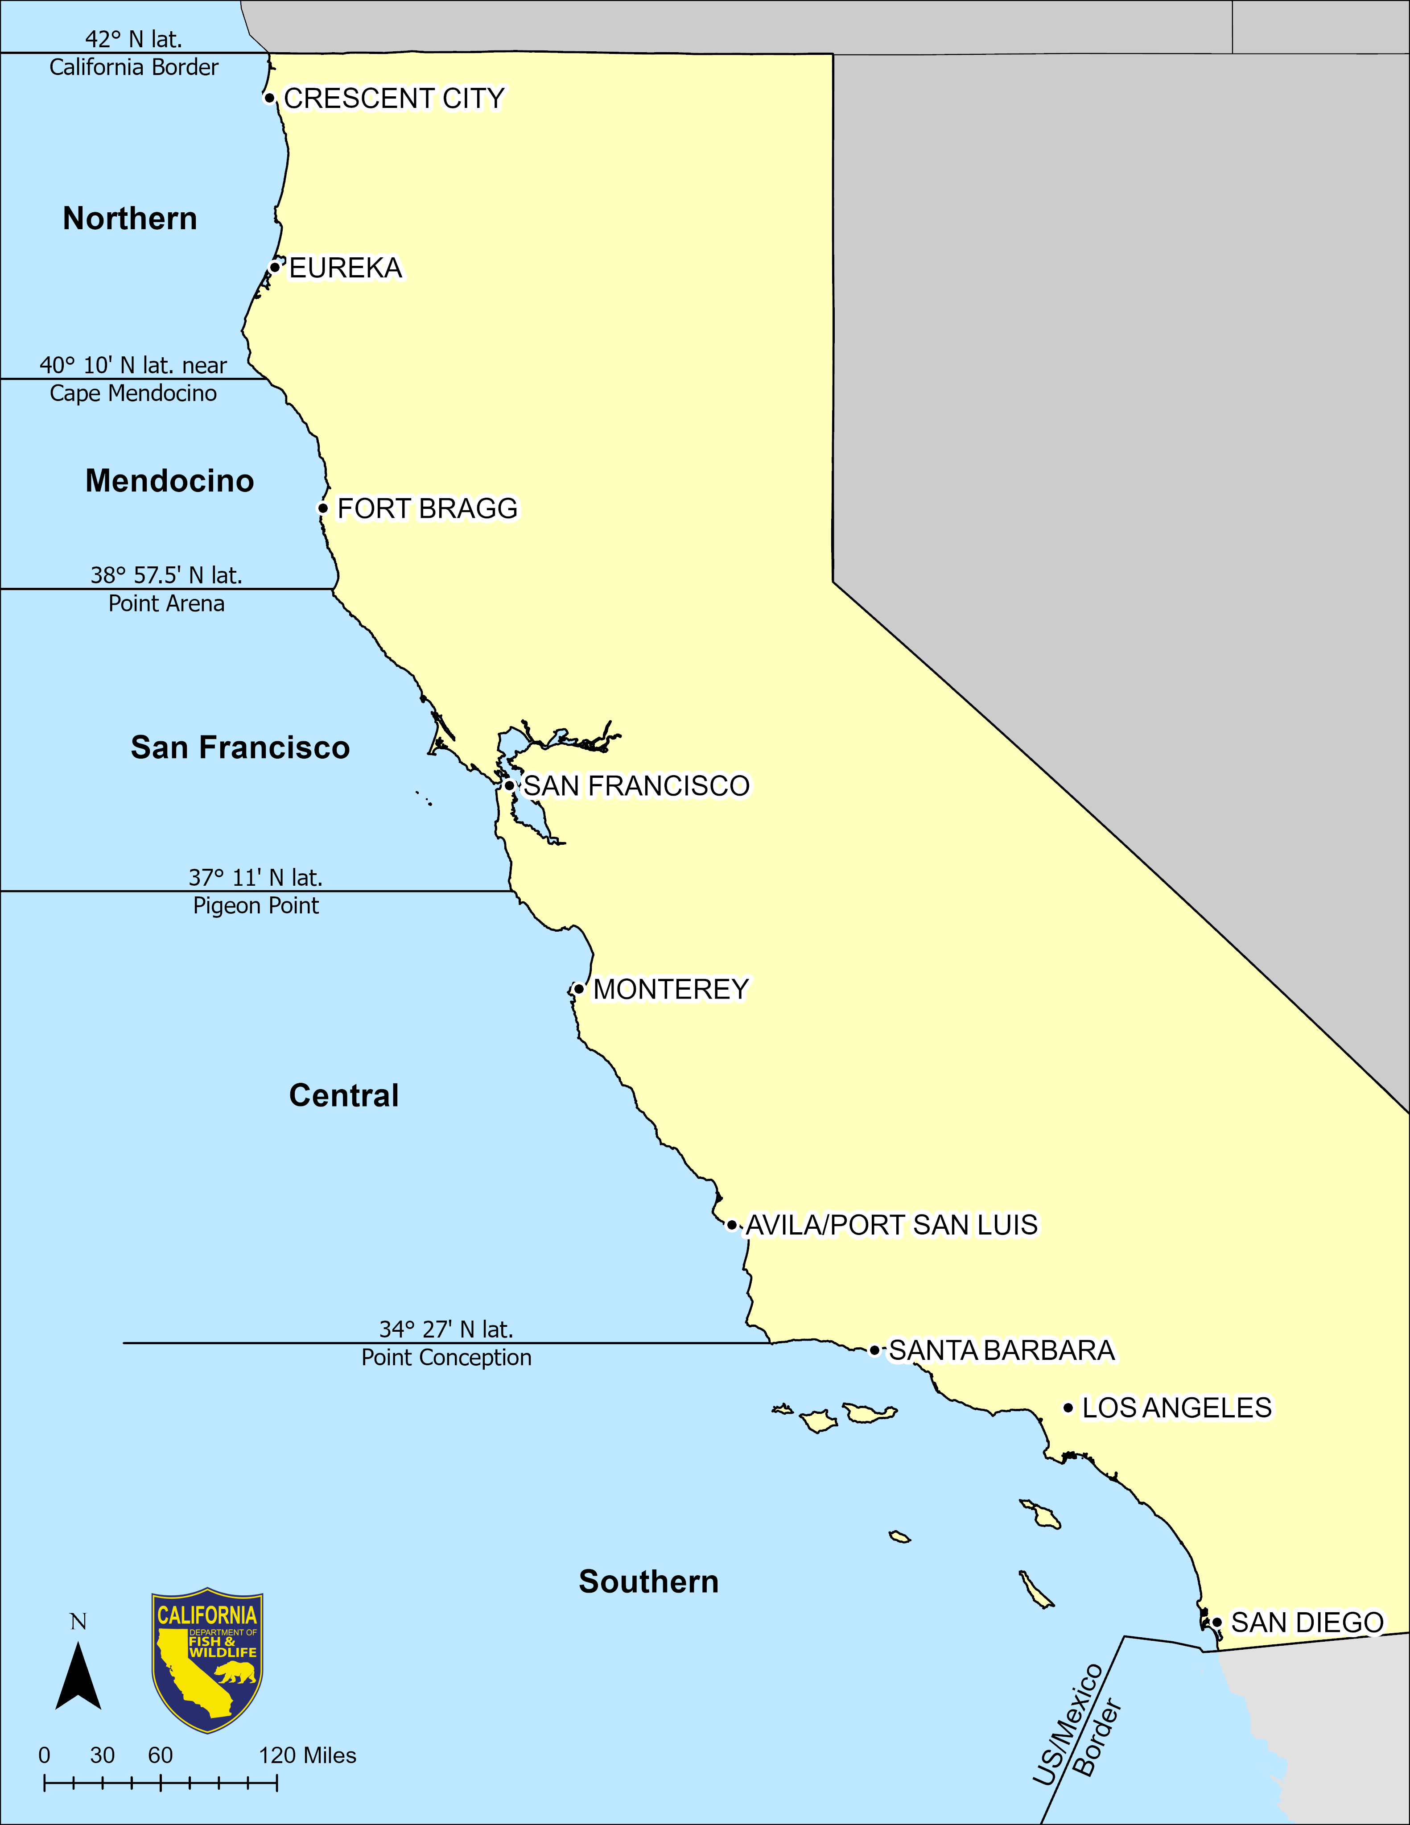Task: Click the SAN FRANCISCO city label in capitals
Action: click(x=636, y=785)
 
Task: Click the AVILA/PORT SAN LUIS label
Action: click(x=891, y=1225)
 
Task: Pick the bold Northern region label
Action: click(x=130, y=219)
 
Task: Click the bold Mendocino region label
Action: click(x=169, y=481)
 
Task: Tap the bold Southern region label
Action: click(x=649, y=1582)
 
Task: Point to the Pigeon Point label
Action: click(x=256, y=906)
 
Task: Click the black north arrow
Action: click(x=78, y=1676)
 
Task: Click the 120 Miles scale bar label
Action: click(x=307, y=1755)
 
